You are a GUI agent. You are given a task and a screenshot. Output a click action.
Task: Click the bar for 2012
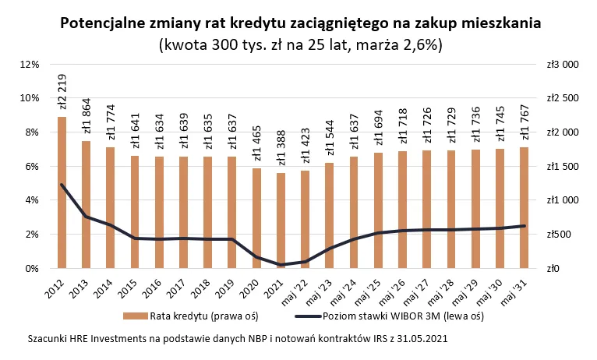pos(62,192)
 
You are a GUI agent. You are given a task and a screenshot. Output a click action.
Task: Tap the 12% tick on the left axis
pos(29,64)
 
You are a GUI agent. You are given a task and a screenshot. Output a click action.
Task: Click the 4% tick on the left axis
pos(31,200)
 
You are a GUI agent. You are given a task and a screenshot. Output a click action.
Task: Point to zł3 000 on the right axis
pos(563,64)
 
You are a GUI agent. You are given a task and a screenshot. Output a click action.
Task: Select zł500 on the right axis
pos(560,235)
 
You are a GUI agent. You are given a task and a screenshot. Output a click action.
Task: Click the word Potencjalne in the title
pos(109,24)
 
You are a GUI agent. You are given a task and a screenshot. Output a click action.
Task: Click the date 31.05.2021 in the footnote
pos(416,340)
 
